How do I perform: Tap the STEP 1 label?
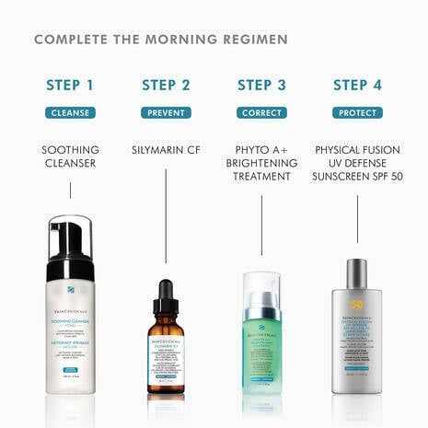click(x=70, y=86)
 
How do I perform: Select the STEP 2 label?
click(x=166, y=86)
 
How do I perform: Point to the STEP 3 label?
click(x=261, y=86)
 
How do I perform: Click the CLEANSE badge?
click(x=70, y=113)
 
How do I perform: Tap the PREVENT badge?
click(x=166, y=113)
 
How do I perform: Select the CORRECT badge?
click(x=261, y=113)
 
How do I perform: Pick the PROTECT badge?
click(x=356, y=113)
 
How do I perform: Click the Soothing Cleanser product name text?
click(x=70, y=156)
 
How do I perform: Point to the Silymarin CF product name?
click(x=166, y=149)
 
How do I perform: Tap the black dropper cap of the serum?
click(x=166, y=296)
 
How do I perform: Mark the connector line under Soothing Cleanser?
click(x=70, y=191)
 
